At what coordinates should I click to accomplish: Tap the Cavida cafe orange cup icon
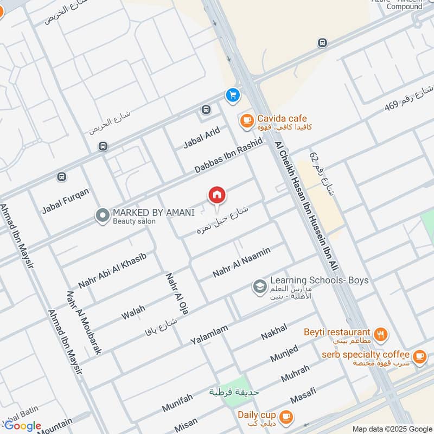[246, 120]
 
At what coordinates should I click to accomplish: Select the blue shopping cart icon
[233, 95]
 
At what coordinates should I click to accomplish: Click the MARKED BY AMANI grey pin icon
[102, 216]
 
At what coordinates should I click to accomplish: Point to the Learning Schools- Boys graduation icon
[260, 285]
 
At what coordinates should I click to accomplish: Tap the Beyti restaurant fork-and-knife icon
[381, 335]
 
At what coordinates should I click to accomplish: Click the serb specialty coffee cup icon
[419, 356]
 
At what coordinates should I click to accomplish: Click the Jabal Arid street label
[201, 137]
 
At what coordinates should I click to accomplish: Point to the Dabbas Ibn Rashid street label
[228, 156]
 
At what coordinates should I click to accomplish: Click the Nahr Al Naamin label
[250, 261]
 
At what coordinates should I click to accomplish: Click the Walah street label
[133, 311]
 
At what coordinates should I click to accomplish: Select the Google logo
[23, 426]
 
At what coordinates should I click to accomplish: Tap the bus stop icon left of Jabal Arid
[206, 110]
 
